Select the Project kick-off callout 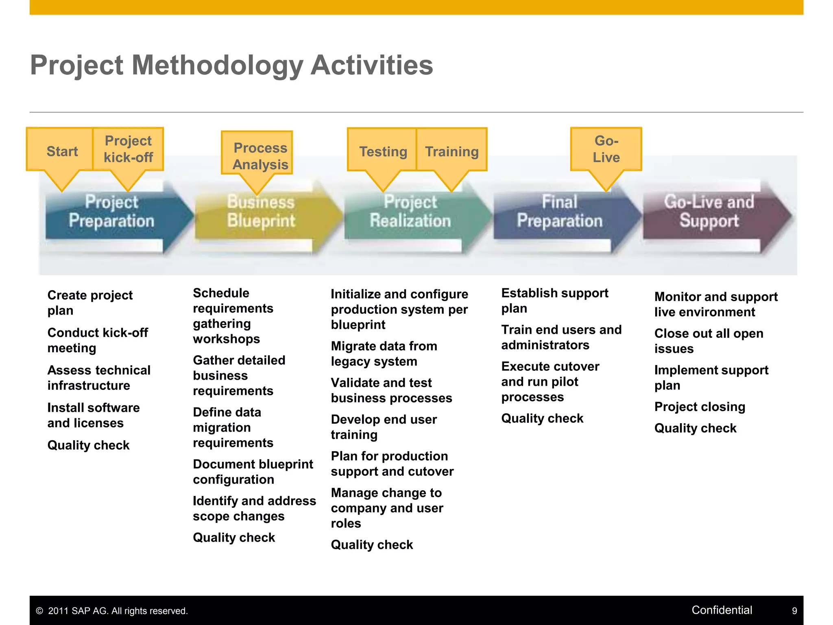pyautogui.click(x=128, y=149)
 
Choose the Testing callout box pyautogui.click(x=383, y=151)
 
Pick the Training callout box pyautogui.click(x=451, y=151)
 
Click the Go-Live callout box pyautogui.click(x=606, y=149)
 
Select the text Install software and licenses pyautogui.click(x=93, y=415)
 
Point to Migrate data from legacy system pyautogui.click(x=384, y=354)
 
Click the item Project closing pyautogui.click(x=700, y=406)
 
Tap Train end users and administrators pyautogui.click(x=561, y=337)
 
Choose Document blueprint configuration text pyautogui.click(x=253, y=472)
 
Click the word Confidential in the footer pyautogui.click(x=722, y=610)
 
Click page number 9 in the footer pyautogui.click(x=794, y=611)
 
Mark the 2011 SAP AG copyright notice pyautogui.click(x=112, y=611)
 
